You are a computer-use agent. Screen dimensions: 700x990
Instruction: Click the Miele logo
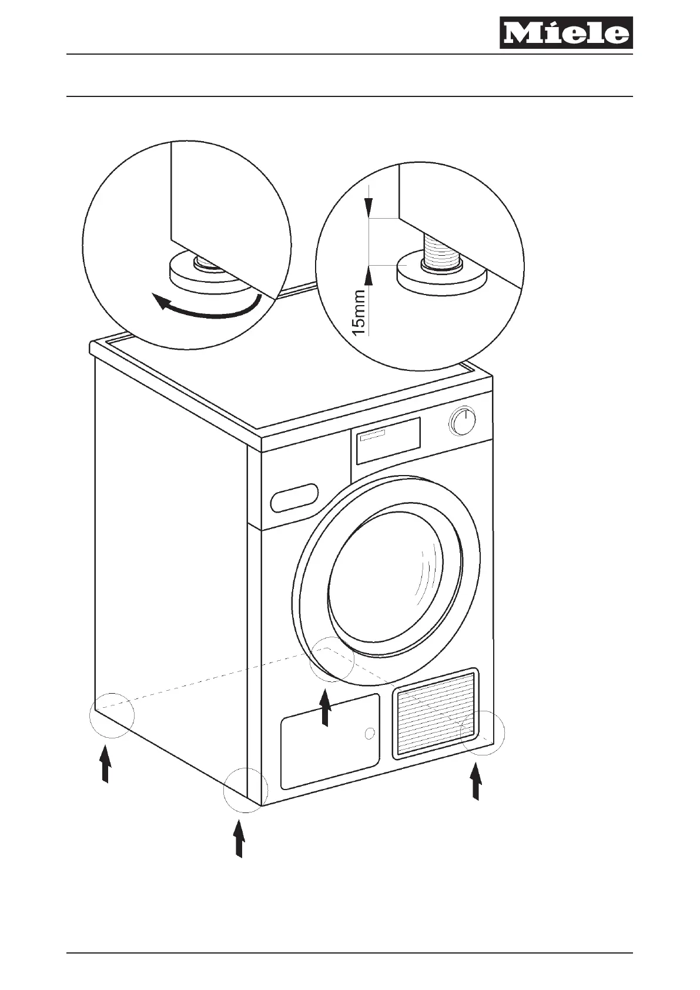coord(566,33)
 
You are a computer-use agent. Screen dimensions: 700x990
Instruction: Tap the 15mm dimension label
coord(359,312)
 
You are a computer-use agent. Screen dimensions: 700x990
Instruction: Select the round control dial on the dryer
coord(463,422)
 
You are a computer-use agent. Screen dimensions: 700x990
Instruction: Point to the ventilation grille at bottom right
coord(436,713)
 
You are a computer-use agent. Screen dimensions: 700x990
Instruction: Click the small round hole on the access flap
coord(369,733)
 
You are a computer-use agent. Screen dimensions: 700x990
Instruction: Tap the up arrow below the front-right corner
coord(476,781)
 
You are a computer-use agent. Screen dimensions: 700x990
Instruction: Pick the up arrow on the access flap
coord(324,708)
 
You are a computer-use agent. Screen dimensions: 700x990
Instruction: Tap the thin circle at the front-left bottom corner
coord(246,790)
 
